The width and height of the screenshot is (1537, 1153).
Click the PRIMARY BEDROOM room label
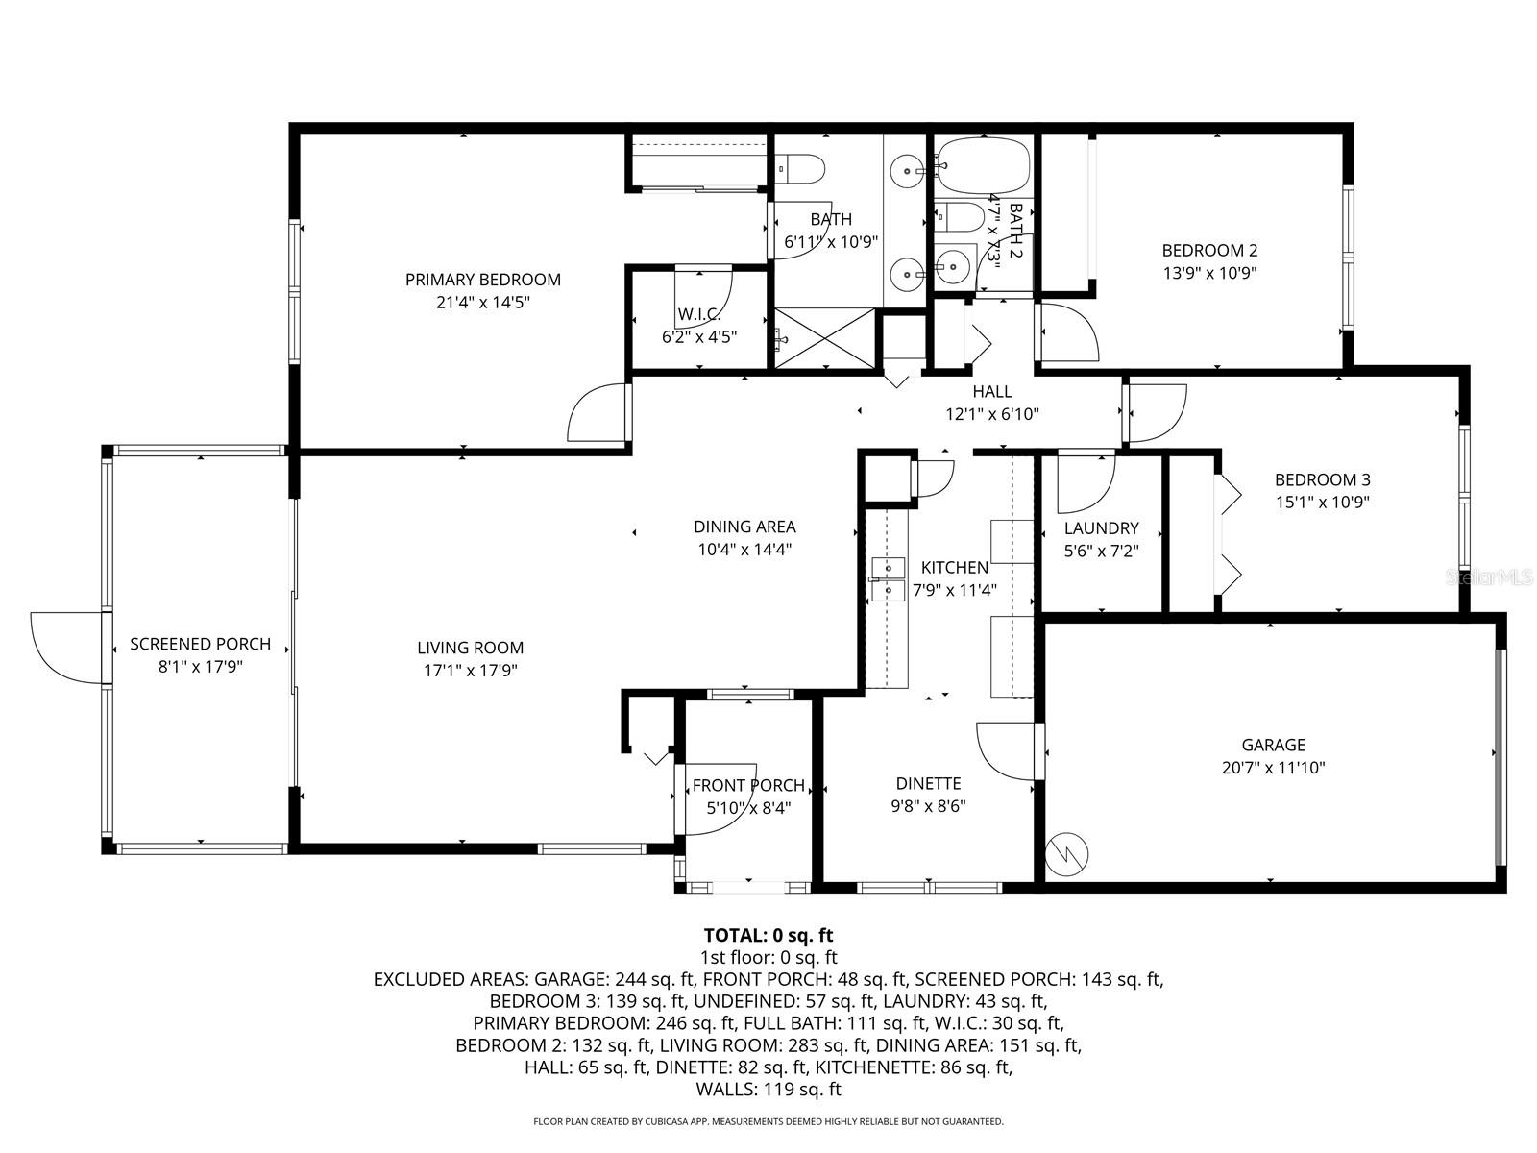pos(482,280)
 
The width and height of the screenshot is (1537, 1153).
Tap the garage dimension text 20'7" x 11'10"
pos(1273,768)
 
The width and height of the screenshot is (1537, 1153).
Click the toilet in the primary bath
pos(802,170)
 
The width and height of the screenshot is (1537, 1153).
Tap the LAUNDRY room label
pos(1101,527)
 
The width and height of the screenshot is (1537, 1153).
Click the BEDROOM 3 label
pos(1322,479)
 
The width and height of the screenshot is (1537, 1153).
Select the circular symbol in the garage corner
pos(1066,852)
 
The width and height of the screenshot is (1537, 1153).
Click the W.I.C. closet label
pos(698,314)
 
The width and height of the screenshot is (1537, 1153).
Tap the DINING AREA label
pos(744,527)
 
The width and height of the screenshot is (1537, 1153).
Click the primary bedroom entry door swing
pos(598,414)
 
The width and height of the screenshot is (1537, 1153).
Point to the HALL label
pos(991,391)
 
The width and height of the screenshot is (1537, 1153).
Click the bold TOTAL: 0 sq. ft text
pos(768,935)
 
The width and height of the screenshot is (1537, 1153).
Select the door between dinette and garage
pos(1008,750)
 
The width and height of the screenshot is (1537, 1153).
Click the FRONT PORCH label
pos(748,785)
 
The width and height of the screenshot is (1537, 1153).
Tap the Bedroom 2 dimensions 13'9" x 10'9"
pos(1209,272)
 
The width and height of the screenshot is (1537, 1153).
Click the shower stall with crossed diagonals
pos(825,337)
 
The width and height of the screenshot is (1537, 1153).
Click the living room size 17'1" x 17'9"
pos(470,671)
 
